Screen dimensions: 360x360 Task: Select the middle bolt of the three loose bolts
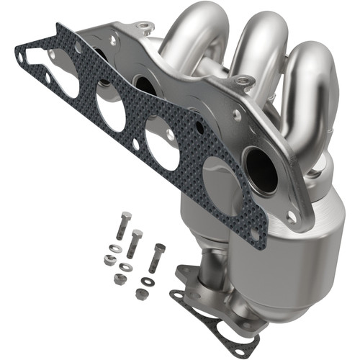(x=135, y=243)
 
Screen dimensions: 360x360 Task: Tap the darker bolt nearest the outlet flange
(x=156, y=256)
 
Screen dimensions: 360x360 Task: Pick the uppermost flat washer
(x=115, y=249)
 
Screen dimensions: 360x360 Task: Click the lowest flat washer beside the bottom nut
(x=148, y=281)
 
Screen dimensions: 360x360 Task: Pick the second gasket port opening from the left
(x=111, y=112)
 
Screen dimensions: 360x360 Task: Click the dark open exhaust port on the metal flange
(x=261, y=170)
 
